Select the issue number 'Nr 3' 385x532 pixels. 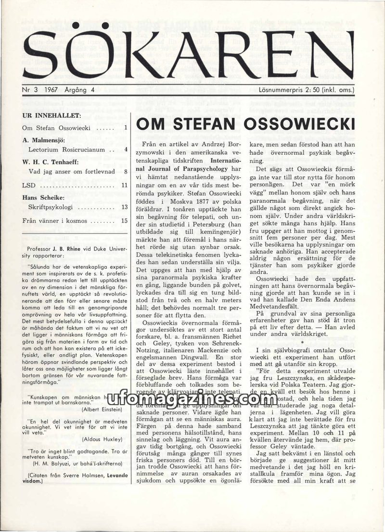30,89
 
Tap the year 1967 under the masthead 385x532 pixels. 50,89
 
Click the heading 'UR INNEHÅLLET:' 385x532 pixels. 51,116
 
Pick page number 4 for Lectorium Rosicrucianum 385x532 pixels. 126,149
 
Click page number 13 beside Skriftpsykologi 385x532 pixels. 124,207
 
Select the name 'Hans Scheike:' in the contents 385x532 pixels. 41,196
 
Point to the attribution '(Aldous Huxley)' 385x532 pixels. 102,439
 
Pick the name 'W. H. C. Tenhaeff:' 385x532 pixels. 51,161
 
